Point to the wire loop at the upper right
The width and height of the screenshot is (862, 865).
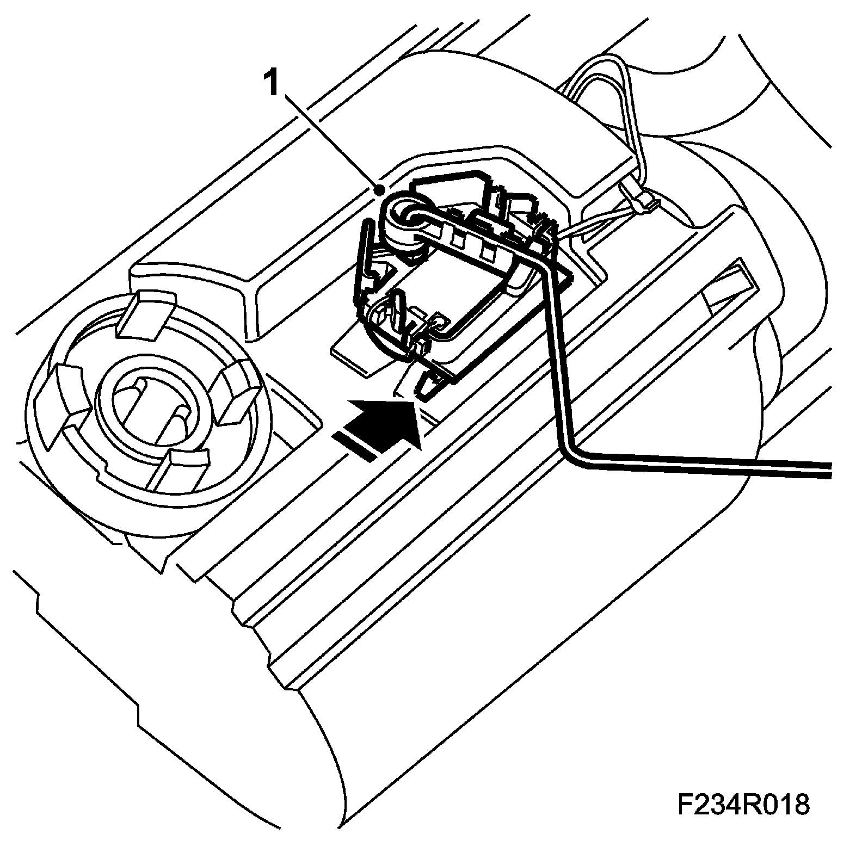click(x=604, y=87)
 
